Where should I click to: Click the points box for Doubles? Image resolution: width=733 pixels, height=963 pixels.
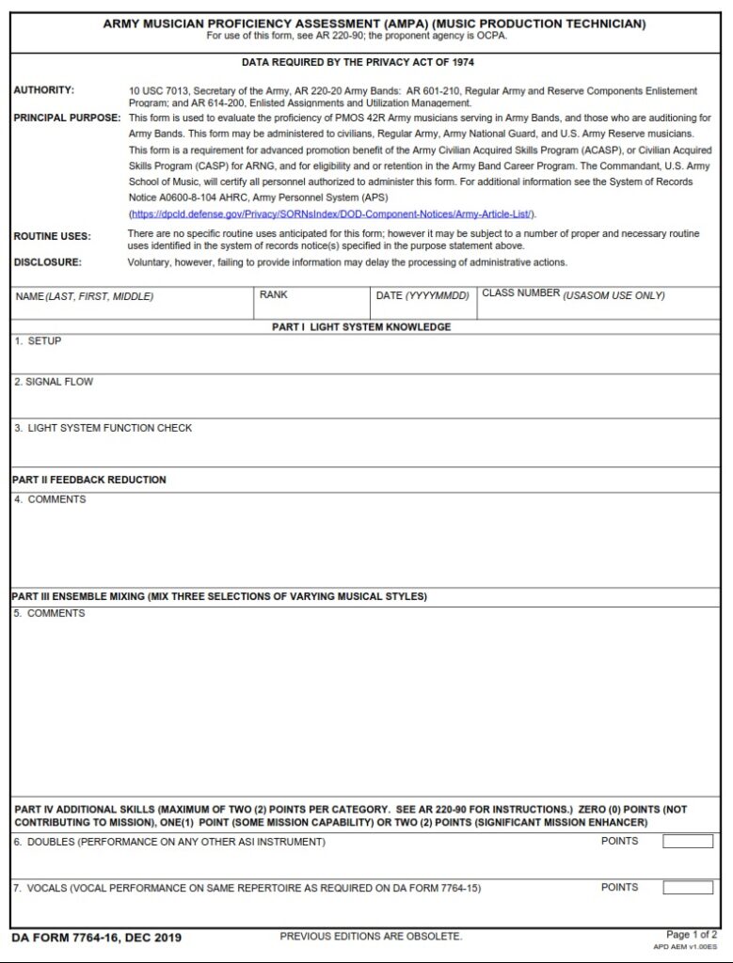[x=687, y=841]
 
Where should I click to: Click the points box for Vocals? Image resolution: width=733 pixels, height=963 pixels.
[x=687, y=887]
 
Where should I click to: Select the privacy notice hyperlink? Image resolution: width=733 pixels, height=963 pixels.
[x=332, y=213]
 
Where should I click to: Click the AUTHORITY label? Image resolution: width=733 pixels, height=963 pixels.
[x=43, y=90]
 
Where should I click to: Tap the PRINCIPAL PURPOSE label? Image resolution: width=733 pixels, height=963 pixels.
[x=67, y=118]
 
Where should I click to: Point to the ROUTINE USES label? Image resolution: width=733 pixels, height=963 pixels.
[x=52, y=236]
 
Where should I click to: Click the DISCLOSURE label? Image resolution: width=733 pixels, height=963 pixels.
[x=47, y=262]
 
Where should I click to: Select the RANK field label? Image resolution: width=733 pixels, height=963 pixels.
[x=273, y=294]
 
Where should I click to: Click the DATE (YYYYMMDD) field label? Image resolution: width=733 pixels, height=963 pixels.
[x=422, y=295]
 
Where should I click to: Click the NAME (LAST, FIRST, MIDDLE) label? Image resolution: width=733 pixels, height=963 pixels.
[x=84, y=296]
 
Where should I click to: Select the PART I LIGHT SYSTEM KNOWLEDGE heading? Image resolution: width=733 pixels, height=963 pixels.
[x=360, y=327]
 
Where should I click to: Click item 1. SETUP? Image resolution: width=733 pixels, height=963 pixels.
[x=38, y=340]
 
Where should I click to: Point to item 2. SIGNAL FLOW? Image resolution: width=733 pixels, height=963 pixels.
[x=54, y=382]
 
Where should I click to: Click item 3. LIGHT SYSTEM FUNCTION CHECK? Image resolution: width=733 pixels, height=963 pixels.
[x=103, y=428]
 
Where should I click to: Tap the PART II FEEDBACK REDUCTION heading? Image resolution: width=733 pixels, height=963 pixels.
[x=89, y=480]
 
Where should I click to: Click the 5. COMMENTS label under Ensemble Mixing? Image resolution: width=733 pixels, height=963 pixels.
[x=50, y=613]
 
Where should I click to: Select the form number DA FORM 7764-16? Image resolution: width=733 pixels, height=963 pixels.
[x=96, y=938]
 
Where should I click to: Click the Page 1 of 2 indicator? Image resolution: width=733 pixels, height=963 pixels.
[x=691, y=934]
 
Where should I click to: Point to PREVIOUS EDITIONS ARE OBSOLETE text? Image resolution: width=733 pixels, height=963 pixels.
[x=371, y=937]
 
